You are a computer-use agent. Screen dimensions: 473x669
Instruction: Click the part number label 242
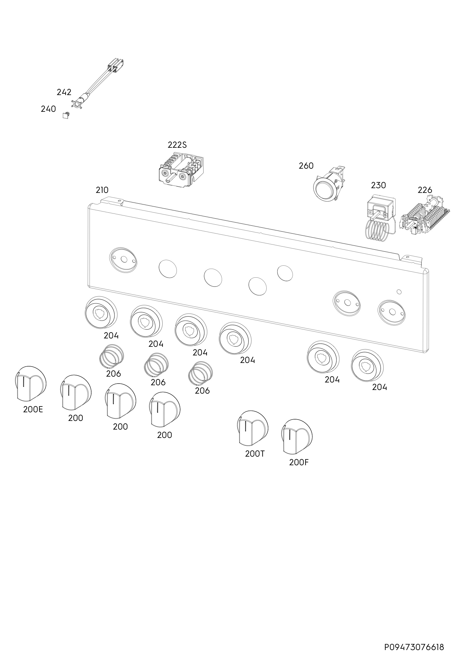(64, 92)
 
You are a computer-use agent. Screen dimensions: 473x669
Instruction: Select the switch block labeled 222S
(181, 170)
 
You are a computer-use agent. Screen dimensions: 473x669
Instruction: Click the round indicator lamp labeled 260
(329, 184)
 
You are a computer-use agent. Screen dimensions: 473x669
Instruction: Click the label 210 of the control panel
(102, 190)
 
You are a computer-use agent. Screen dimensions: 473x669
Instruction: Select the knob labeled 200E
(30, 384)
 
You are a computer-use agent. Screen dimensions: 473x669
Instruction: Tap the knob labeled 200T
(252, 428)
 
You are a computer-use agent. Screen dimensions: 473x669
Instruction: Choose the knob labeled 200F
(297, 437)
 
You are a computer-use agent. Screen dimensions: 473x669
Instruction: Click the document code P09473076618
(414, 639)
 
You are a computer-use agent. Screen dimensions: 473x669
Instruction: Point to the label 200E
(33, 409)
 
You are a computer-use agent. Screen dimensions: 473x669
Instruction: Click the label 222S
(177, 145)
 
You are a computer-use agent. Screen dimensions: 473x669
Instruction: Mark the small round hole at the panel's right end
(399, 291)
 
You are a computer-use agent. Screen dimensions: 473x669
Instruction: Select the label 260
(306, 166)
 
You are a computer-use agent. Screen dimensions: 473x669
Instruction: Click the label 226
(425, 190)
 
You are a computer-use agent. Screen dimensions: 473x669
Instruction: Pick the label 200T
(255, 454)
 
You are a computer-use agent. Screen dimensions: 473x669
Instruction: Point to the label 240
(48, 109)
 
